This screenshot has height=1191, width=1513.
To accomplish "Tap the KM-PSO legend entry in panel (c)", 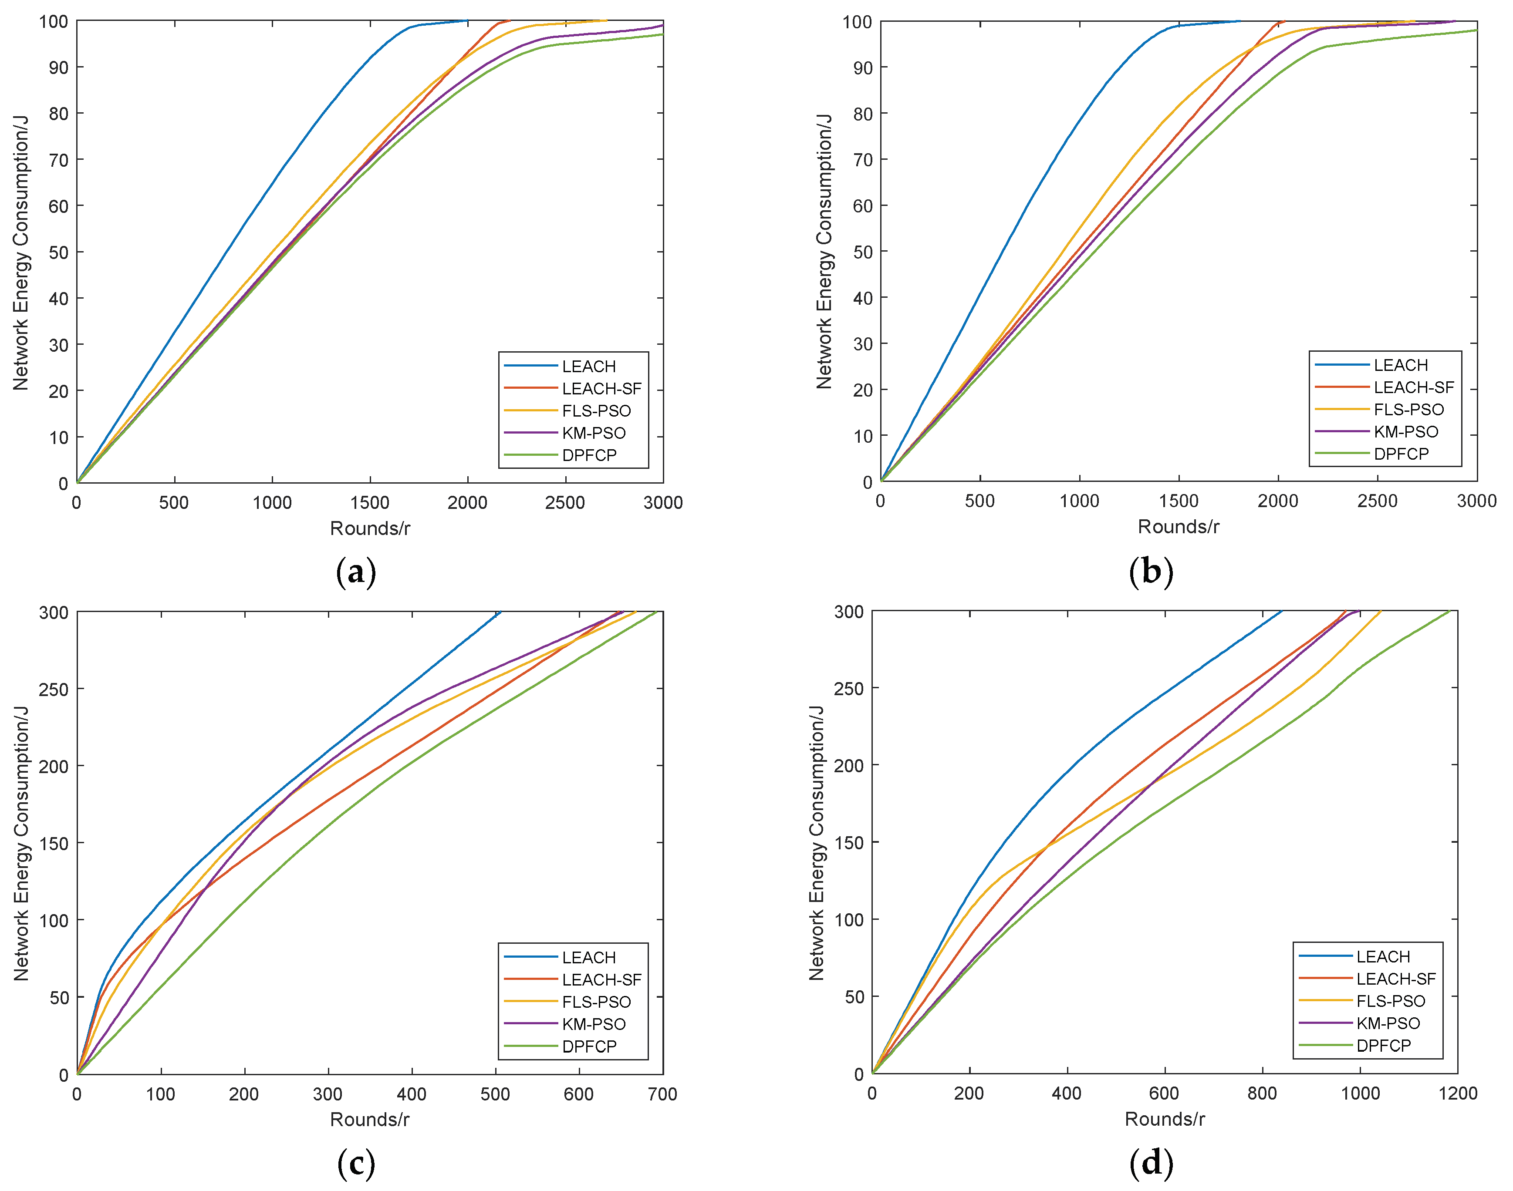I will (594, 1024).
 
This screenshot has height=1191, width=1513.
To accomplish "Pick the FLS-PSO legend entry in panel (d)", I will (1390, 1001).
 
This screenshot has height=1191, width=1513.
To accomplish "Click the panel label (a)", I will (356, 572).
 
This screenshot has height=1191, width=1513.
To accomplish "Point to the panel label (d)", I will (1150, 1162).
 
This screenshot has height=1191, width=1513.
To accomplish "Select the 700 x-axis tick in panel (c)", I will (662, 1094).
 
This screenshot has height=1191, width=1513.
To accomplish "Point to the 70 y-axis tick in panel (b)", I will (862, 160).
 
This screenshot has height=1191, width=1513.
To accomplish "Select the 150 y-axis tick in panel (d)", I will (848, 842).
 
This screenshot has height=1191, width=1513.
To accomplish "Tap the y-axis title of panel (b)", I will (824, 251).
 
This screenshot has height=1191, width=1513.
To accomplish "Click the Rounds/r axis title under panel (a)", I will (370, 528).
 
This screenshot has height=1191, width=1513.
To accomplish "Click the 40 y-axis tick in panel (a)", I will (59, 299).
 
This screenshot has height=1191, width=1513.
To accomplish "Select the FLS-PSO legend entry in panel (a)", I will (596, 411).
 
